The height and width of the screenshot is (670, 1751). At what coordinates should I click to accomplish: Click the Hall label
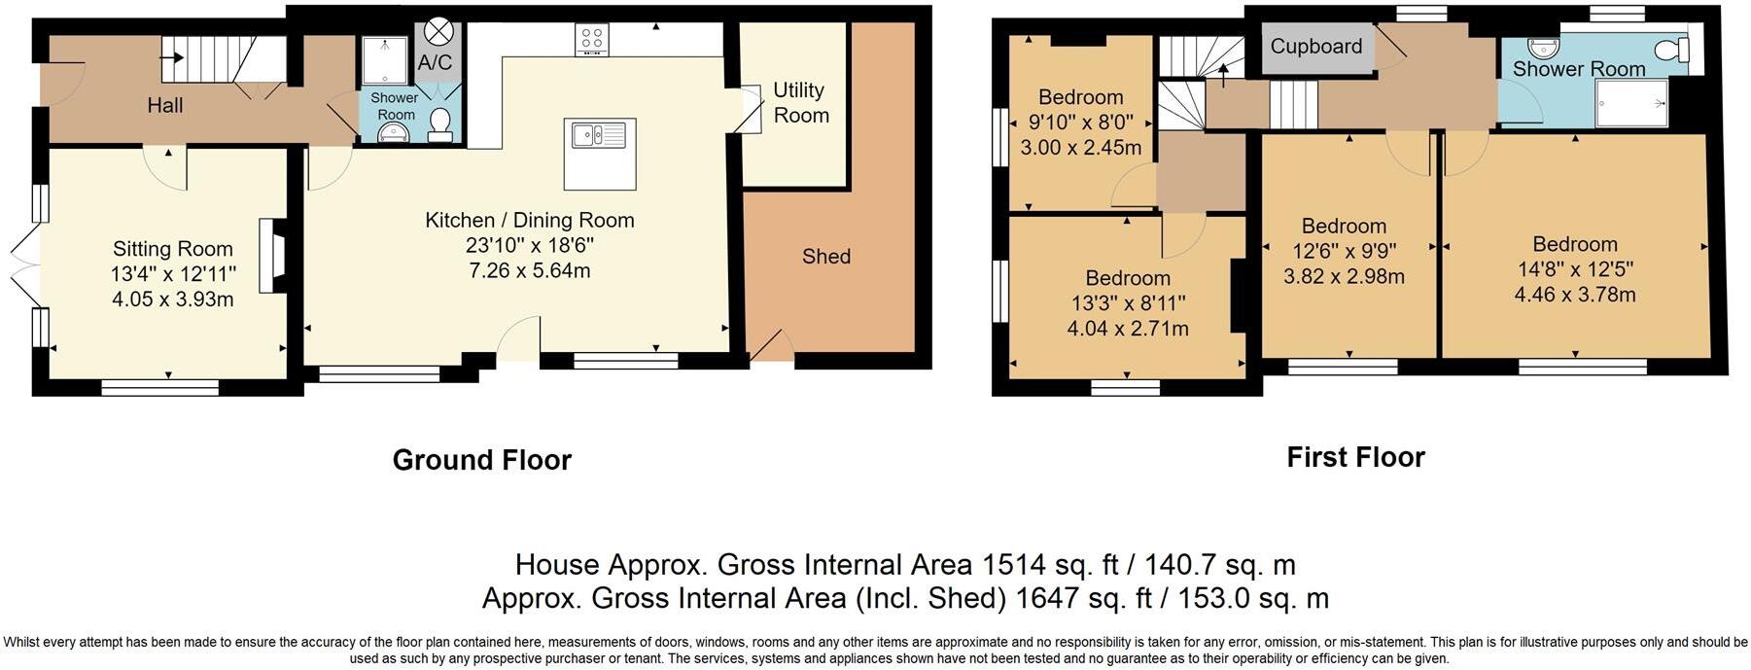pyautogui.click(x=165, y=105)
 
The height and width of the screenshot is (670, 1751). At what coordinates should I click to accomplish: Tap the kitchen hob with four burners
pyautogui.click(x=592, y=40)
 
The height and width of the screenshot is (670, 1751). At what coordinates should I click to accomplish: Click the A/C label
pyautogui.click(x=435, y=63)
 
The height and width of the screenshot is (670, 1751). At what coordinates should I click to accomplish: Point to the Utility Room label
pyautogui.click(x=800, y=102)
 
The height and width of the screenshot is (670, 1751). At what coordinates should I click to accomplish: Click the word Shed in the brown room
pyautogui.click(x=826, y=257)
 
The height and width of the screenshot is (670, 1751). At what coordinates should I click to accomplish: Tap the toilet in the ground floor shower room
pyautogui.click(x=440, y=123)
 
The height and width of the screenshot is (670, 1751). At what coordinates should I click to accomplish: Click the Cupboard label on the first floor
pyautogui.click(x=1315, y=47)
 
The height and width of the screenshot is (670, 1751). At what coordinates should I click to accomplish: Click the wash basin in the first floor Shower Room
pyautogui.click(x=1542, y=48)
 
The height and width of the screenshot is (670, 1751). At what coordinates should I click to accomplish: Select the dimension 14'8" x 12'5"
pyautogui.click(x=1574, y=269)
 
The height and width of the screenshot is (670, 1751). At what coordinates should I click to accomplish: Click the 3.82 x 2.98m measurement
pyautogui.click(x=1344, y=277)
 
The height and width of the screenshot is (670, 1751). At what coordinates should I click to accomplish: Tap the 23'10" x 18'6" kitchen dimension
pyautogui.click(x=530, y=245)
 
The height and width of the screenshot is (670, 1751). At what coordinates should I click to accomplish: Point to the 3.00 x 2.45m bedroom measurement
pyautogui.click(x=1080, y=148)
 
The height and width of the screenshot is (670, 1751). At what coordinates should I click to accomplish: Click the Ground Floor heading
pyautogui.click(x=481, y=460)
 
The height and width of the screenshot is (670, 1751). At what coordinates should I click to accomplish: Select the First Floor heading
pyautogui.click(x=1355, y=457)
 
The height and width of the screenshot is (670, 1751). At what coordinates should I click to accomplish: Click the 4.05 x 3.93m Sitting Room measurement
pyautogui.click(x=173, y=300)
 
